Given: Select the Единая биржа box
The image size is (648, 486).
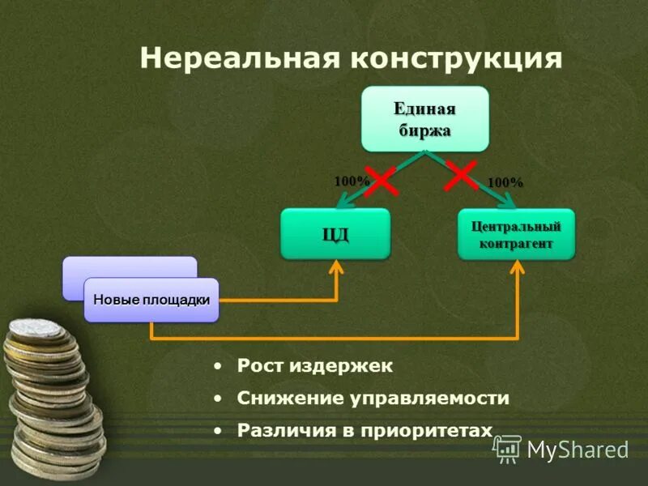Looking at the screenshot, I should coord(425,119).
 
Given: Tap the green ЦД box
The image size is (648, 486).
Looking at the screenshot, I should coord(335,234).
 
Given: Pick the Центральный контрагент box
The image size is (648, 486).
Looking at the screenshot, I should coord(516,234).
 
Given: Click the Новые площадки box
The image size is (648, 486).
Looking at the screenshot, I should coord(151,300).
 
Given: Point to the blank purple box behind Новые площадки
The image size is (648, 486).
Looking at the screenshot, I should coord(130,266).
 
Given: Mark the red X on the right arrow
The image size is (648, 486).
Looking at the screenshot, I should coord(460,174).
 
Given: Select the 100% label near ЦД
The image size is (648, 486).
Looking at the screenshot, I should coord(352,181).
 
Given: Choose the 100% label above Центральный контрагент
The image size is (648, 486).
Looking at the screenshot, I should coord(505,183).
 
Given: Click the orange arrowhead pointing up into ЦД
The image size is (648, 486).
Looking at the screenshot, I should coord(336,267).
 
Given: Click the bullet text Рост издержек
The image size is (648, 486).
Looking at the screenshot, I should coord(314,366).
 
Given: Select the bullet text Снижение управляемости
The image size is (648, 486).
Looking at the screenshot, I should coord(373,399).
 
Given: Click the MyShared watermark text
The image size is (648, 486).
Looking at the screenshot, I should coord(578,449).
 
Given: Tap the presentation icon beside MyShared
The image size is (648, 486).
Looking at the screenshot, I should coord(507,448).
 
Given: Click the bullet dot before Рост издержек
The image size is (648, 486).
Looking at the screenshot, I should coord(217,367).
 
